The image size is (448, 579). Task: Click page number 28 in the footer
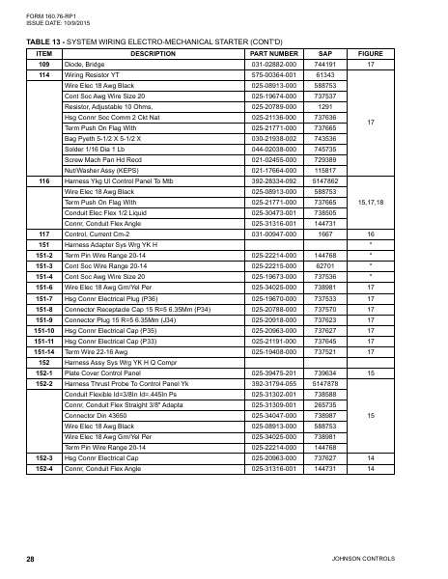coord(30,559)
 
